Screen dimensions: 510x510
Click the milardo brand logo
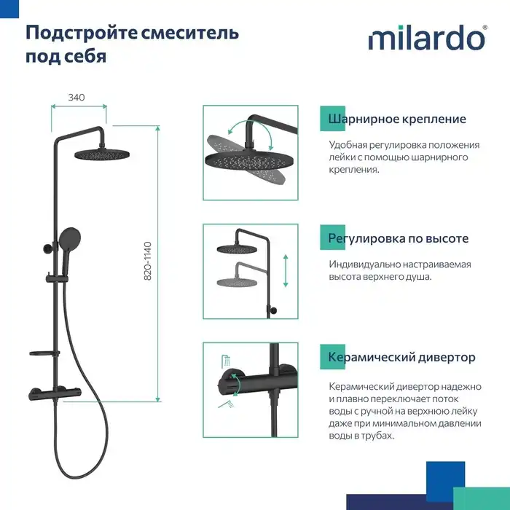(427, 37)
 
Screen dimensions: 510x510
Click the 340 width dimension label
(76, 98)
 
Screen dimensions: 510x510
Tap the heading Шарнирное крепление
(397, 119)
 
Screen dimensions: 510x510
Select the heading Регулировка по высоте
(398, 238)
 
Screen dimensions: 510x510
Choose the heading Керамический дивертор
(401, 357)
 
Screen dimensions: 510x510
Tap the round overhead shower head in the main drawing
(101, 154)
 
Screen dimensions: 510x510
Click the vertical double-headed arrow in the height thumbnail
(286, 270)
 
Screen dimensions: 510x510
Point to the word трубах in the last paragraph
(374, 436)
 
